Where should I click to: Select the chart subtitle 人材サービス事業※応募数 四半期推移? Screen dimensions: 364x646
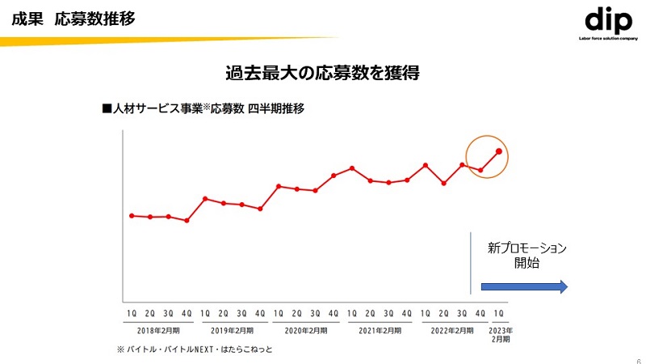point(203,108)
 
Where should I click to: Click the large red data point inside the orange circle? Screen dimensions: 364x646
point(499,151)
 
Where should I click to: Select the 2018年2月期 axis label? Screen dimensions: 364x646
point(158,331)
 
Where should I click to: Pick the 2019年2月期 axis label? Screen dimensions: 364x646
point(232,331)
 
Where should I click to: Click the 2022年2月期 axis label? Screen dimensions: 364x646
point(452,331)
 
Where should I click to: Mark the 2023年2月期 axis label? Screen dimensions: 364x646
point(501,335)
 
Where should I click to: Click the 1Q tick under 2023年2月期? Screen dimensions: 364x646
point(499,313)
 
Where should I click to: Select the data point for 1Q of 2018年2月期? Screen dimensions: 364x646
point(132,216)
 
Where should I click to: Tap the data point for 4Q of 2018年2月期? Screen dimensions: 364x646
point(187,221)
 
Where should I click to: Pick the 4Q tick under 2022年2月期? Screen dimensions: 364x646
point(480,313)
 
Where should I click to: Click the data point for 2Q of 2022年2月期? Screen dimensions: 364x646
point(443,184)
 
